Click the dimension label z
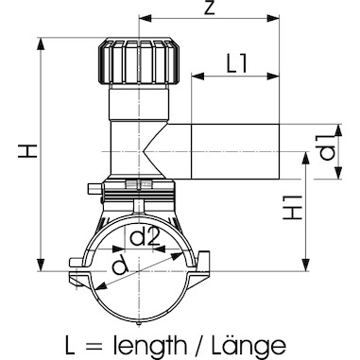[209, 8]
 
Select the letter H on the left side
[28, 151]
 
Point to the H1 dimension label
[293, 208]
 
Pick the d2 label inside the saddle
[144, 237]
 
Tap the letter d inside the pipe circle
[120, 267]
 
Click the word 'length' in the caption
[150, 346]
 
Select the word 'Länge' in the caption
[249, 345]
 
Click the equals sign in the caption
[93, 347]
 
